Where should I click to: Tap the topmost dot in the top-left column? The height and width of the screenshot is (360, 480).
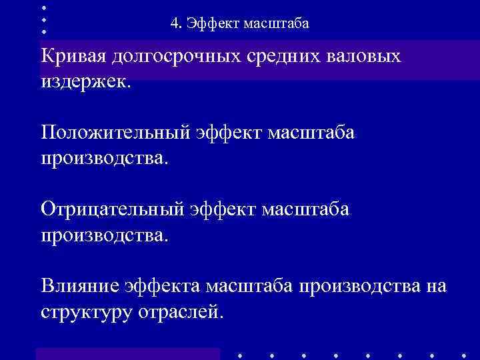tap(43, 7)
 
